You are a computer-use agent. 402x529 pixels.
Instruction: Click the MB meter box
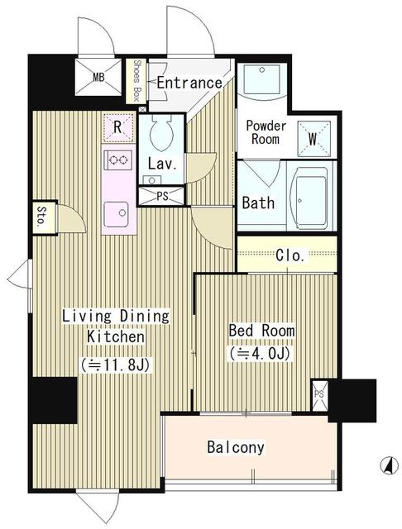98,77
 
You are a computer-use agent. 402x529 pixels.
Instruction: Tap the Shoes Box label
136,81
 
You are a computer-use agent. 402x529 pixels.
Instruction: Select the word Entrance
189,83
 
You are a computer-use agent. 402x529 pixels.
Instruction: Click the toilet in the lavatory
161,133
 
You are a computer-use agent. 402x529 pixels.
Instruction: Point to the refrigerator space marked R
117,128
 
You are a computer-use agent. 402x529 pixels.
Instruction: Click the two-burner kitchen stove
118,160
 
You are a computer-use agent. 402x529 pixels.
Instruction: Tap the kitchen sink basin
116,214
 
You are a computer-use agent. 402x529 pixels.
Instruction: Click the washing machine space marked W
313,139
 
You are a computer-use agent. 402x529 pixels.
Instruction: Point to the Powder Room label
266,132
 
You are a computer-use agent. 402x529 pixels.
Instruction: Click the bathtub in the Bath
311,198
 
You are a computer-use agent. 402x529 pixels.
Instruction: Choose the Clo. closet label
290,255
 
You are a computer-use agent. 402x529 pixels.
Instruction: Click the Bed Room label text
261,331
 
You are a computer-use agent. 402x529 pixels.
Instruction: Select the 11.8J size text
116,365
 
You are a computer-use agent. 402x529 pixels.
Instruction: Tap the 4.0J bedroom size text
260,354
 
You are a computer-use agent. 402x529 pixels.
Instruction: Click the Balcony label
236,447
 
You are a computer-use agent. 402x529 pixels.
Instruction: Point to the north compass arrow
389,465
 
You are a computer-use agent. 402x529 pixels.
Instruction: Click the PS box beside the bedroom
319,396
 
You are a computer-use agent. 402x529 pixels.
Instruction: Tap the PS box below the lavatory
161,196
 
